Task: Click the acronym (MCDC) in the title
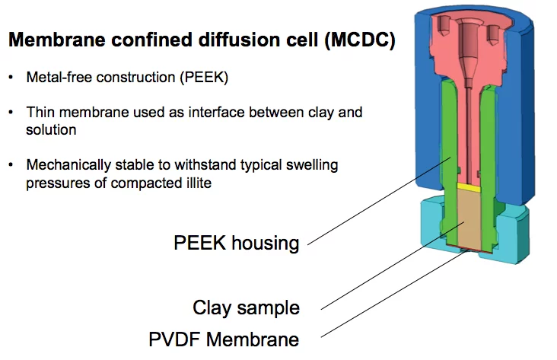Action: point(360,42)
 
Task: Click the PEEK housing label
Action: point(237,243)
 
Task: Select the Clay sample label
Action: point(246,307)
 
